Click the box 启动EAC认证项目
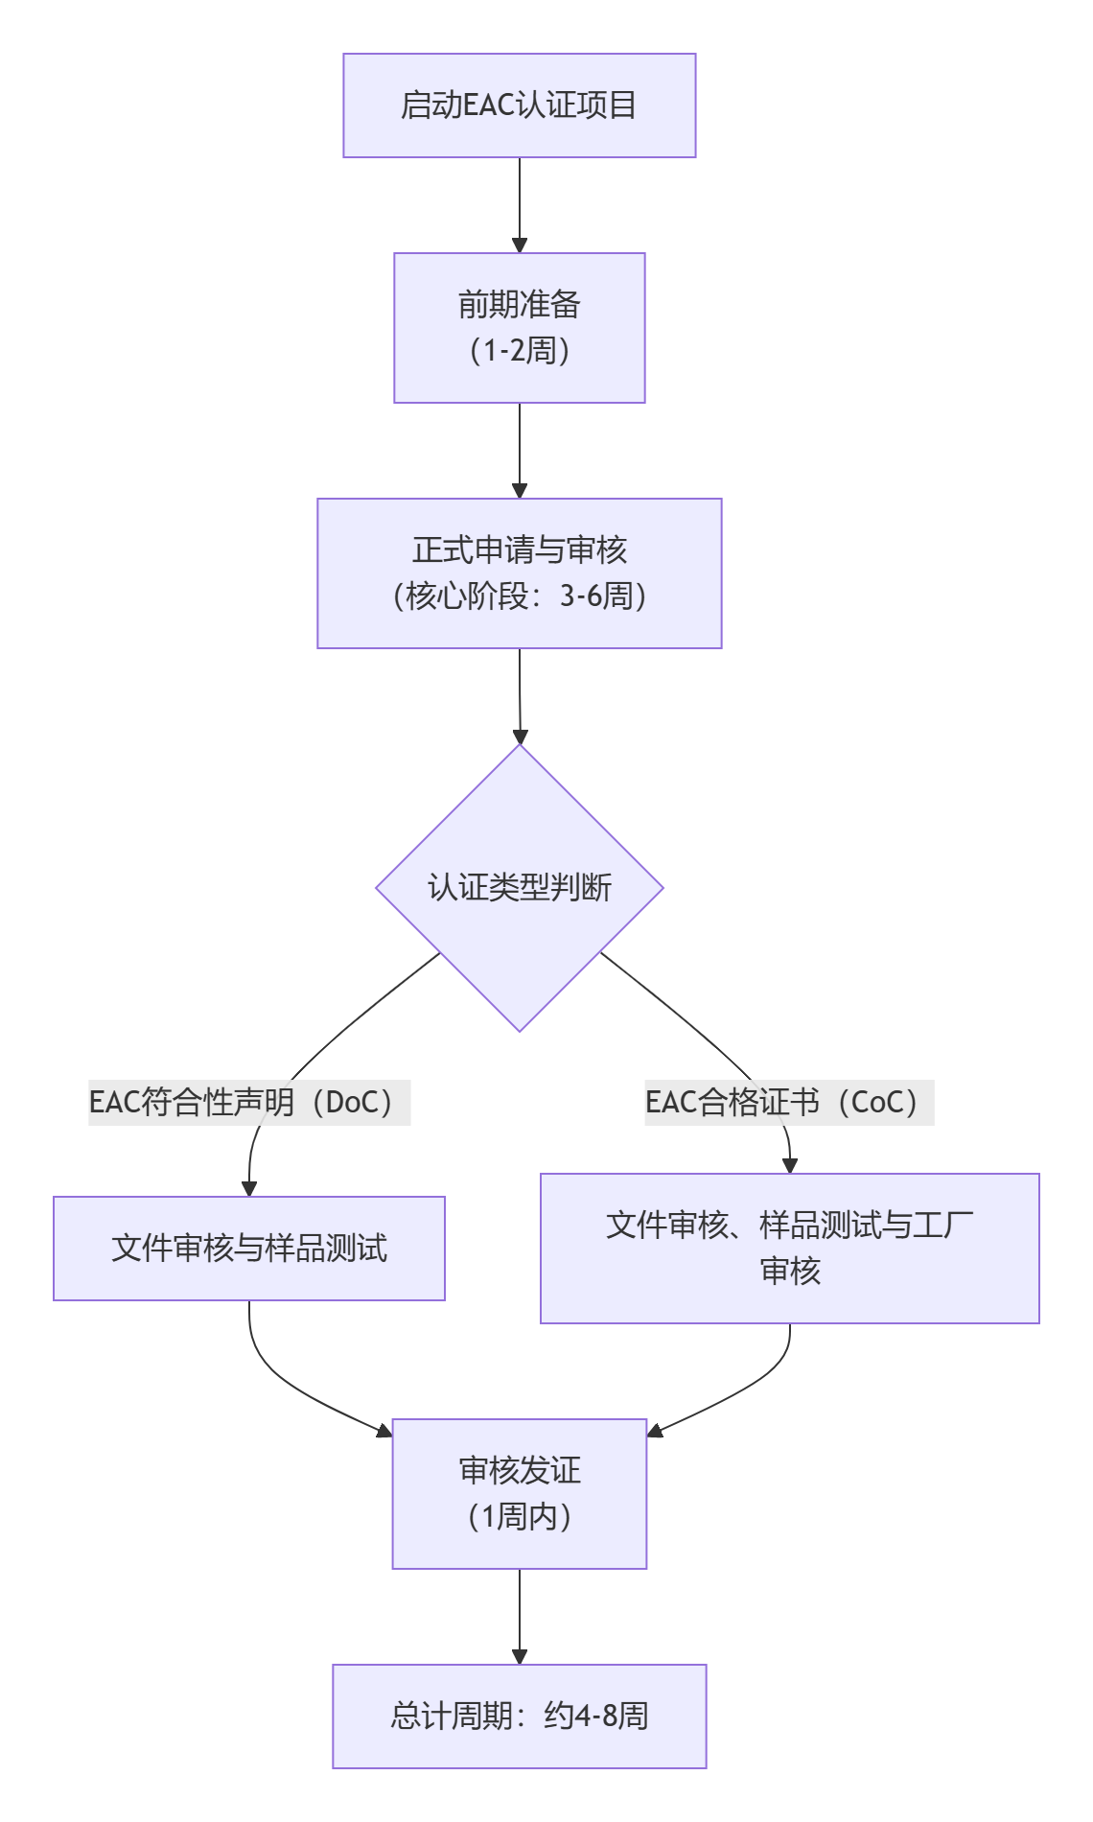point(519,105)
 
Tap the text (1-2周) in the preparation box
point(519,351)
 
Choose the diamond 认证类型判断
point(519,887)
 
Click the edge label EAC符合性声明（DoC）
point(248,1102)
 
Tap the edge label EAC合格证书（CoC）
point(788,1102)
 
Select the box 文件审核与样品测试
point(248,1248)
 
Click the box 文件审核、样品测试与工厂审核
point(789,1248)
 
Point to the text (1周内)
point(519,1517)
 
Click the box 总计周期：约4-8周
point(519,1716)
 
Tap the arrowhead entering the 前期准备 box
point(520,245)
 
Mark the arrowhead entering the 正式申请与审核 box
point(520,491)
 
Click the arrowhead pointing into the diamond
point(520,736)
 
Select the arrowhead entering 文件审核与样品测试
point(249,1189)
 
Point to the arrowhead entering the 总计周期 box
point(520,1657)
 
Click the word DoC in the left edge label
point(346,1102)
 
